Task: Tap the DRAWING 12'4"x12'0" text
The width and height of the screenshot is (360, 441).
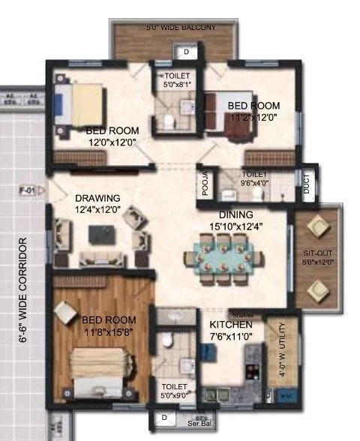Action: [x=97, y=203]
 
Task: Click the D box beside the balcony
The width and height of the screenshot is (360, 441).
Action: [x=186, y=52]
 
